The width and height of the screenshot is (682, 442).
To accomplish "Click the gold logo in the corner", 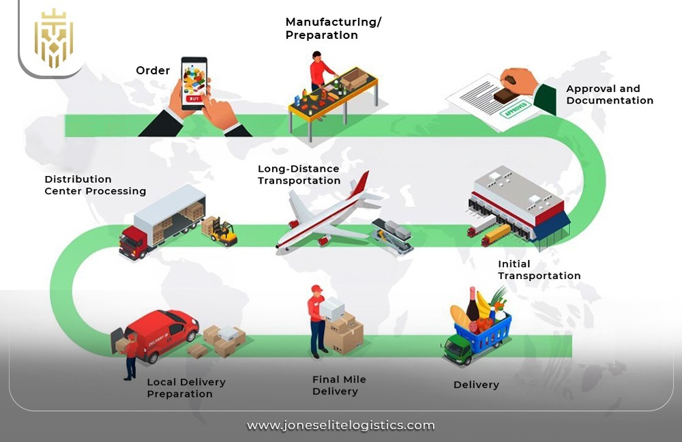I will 53,38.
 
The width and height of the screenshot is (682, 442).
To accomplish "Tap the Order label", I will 153,70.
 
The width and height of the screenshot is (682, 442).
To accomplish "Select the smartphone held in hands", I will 194,83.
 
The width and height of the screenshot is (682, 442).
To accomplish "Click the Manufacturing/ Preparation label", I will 333,29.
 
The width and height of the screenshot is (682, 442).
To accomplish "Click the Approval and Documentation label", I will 609,94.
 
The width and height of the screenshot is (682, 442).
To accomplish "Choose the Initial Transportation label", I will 539,270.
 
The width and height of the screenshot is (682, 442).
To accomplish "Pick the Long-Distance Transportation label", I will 299,175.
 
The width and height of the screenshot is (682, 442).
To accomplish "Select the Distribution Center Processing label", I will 95,185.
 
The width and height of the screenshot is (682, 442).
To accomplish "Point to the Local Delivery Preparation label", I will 186,387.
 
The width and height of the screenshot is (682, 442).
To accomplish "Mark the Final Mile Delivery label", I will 335,385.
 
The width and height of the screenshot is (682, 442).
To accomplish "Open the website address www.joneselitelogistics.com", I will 340,425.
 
